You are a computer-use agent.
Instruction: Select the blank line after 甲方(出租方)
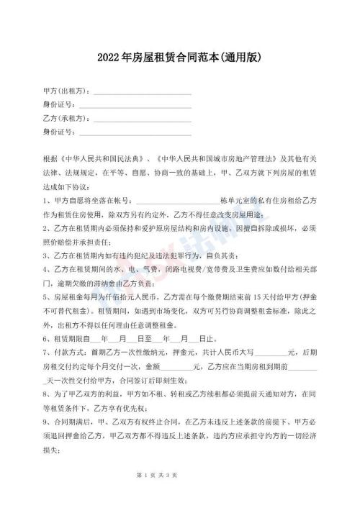click(142, 92)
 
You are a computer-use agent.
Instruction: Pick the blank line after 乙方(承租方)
click(142, 119)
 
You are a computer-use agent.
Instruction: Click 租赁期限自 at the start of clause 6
click(71, 337)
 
